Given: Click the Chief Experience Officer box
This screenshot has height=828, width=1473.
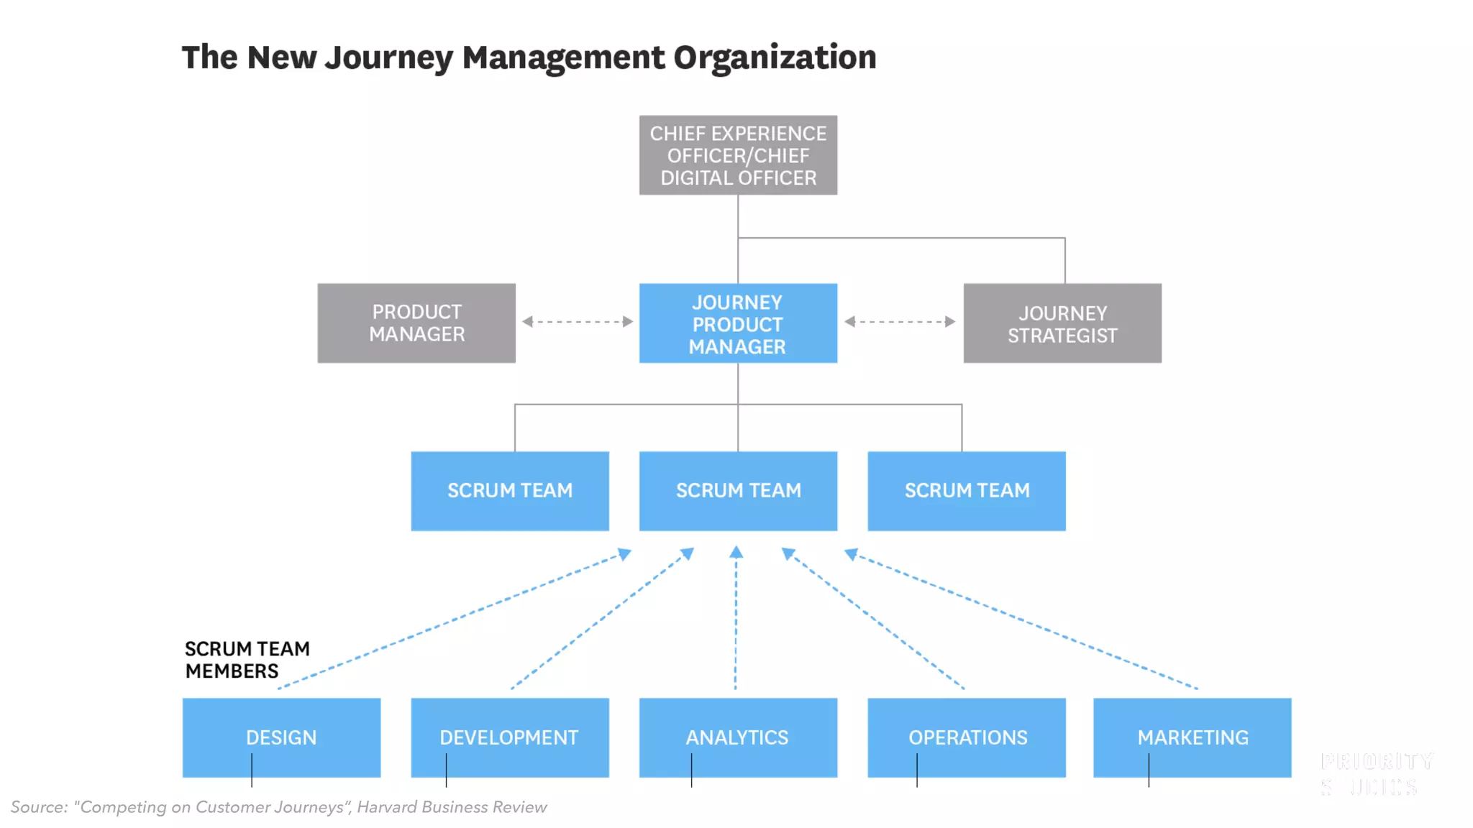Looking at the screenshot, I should pos(738,155).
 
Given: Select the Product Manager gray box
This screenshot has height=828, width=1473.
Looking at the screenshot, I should pos(416,323).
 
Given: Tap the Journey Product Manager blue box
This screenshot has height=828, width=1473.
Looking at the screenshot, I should pos(738,323).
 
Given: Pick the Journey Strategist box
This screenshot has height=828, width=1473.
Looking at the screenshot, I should pos(1062,323).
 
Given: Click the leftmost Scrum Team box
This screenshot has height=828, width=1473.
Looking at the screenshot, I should pos(510,491).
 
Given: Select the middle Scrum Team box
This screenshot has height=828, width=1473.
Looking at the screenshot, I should pos(738,491).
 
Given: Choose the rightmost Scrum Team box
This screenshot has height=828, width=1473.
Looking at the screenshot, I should pos(967,491).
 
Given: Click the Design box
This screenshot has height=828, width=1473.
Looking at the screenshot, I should pos(281,737).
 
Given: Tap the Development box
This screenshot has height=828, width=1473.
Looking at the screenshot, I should pos(510,737).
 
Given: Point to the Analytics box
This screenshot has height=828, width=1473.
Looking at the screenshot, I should pos(738,737).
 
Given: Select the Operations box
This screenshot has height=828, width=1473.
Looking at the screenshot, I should pos(967,737).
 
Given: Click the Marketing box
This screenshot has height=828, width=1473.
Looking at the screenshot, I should pos(1192,737).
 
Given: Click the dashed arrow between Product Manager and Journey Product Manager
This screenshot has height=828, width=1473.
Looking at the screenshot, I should pos(578,322).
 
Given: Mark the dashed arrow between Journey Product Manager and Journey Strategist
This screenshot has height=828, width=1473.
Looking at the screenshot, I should pos(900,322).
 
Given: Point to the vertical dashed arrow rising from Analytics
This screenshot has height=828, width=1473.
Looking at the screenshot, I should pos(736,618).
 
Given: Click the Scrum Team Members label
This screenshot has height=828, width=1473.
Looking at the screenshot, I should pos(247,660).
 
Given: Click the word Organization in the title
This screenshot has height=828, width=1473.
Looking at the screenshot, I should pos(775,57).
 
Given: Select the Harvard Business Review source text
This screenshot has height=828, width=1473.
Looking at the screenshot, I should pos(452,807).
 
